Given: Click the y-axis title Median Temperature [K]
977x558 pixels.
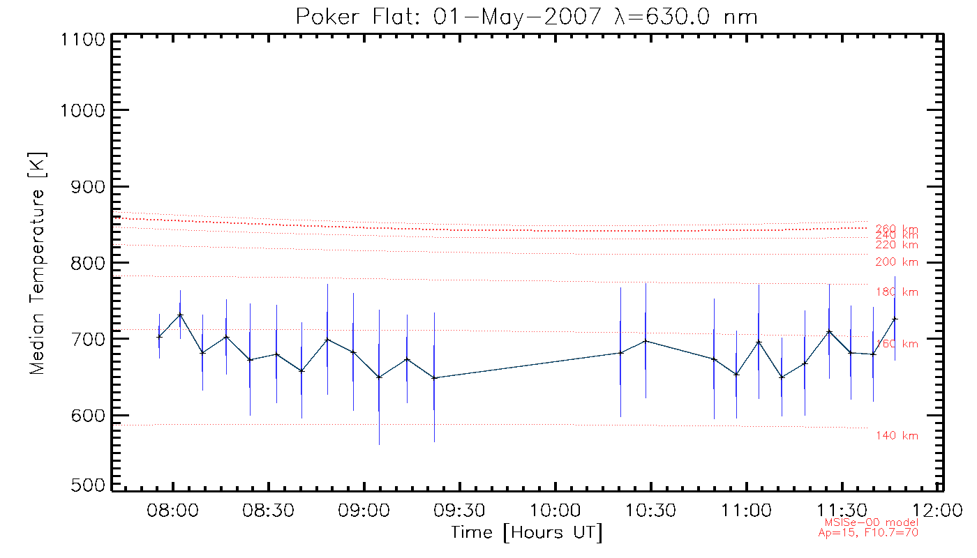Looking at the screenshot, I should (x=37, y=262).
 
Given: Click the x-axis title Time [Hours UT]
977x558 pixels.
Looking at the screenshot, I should (x=526, y=533).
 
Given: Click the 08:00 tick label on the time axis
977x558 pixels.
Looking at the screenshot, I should (x=172, y=510).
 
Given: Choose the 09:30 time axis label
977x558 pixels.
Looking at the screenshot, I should (x=459, y=510).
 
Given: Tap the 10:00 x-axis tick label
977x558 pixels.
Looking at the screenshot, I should (x=555, y=510).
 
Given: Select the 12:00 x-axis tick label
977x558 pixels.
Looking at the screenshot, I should (x=937, y=510).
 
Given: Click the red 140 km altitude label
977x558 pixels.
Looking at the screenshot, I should (x=897, y=436).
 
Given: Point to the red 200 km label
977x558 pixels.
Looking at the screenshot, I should (x=897, y=262).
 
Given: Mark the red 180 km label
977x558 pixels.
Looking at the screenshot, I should (x=897, y=292).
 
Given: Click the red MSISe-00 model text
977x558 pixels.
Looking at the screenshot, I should (x=872, y=522).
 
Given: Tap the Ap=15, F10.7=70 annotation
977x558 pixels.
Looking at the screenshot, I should (x=868, y=533).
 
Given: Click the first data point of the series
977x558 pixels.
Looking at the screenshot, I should (x=159, y=337).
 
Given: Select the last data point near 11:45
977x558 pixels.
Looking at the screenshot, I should (x=895, y=319).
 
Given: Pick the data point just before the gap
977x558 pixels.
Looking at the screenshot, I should (x=434, y=378).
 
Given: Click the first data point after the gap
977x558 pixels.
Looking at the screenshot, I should (x=620, y=353).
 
